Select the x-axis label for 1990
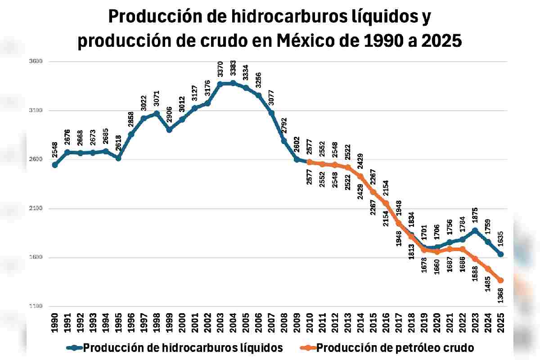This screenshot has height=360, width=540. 55,323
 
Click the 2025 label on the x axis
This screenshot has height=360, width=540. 500,323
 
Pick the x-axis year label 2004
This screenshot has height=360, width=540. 233,323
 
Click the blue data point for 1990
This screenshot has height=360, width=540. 55,165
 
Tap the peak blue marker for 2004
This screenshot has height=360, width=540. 233,83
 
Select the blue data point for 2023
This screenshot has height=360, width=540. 475,230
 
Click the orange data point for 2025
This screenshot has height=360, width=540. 500,280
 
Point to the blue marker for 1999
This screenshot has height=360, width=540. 169,130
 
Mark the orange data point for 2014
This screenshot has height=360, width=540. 360,176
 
